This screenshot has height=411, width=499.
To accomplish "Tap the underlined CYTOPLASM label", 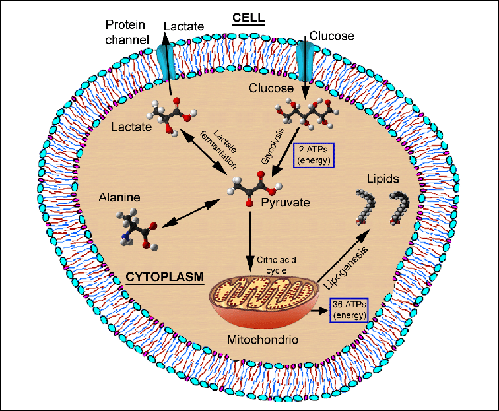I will [163, 275].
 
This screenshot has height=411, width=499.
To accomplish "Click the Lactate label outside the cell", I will [179, 26].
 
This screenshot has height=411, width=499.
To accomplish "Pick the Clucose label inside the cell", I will [270, 88].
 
